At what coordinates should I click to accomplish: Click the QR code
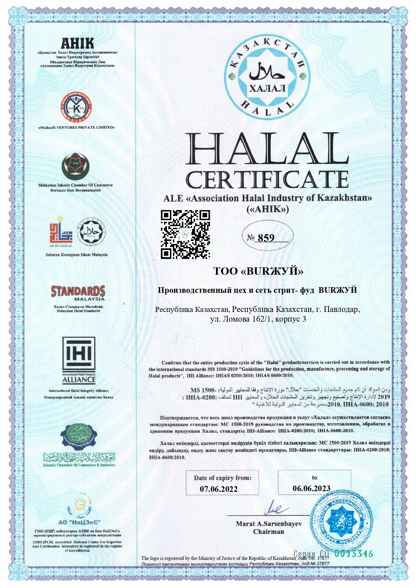185,234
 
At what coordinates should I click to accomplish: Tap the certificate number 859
266,238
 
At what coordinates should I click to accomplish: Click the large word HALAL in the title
267,150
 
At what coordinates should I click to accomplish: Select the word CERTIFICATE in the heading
267,180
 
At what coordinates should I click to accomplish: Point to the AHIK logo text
77,43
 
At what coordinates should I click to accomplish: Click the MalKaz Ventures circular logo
76,108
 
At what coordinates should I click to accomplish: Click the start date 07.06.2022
219,489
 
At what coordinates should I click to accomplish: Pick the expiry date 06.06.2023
311,488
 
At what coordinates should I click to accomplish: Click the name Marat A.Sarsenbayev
269,524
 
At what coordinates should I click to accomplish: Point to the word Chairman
269,532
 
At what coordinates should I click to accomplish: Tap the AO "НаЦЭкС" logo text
79,522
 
